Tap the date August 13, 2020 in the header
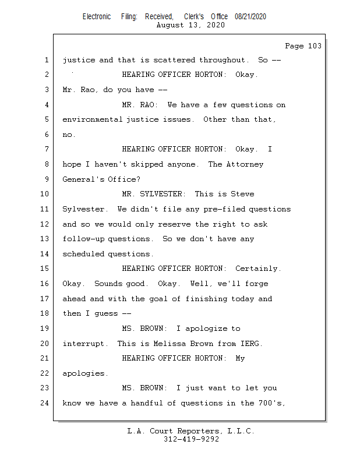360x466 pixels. click(x=191, y=25)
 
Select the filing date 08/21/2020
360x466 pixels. click(x=250, y=17)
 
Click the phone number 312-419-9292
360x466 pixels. click(x=191, y=439)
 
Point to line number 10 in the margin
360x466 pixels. click(x=45, y=194)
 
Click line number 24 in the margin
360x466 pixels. click(x=45, y=403)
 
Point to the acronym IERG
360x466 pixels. click(x=250, y=344)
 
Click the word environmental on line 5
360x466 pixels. click(x=92, y=119)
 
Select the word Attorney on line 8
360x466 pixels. click(x=245, y=164)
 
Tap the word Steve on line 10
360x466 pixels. click(x=242, y=194)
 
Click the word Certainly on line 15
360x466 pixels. click(x=257, y=269)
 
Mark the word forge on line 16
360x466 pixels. click(x=257, y=284)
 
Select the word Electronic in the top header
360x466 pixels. click(x=97, y=17)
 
